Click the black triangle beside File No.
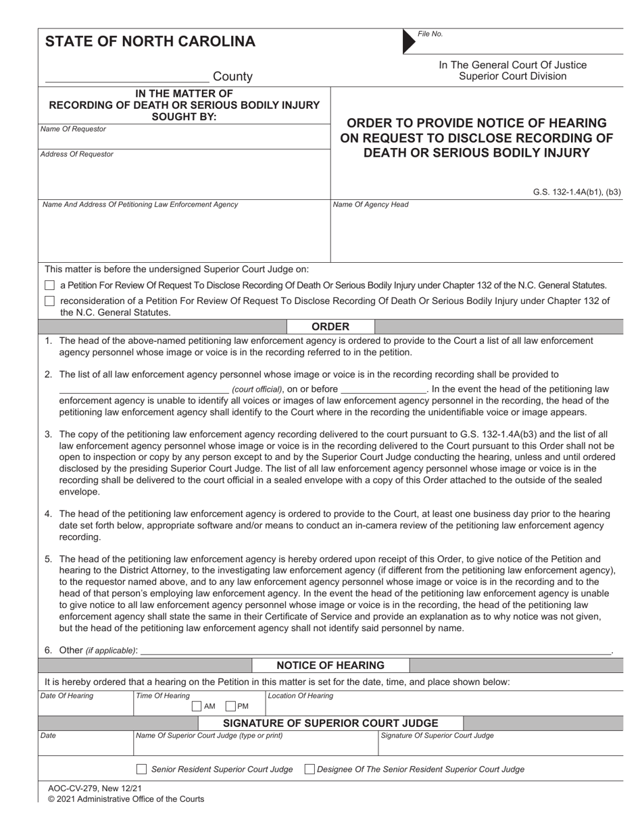click(x=410, y=42)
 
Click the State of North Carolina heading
click(x=150, y=41)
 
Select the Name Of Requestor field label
click(x=73, y=129)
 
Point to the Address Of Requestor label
click(x=77, y=154)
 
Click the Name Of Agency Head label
click(x=370, y=204)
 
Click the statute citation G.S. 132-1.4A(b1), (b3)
click(x=576, y=192)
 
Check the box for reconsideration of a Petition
click(x=49, y=301)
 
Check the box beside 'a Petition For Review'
click(x=49, y=285)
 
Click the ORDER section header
click(x=330, y=326)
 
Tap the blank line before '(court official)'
click(x=144, y=389)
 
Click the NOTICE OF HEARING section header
click(x=330, y=665)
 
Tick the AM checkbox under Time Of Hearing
click(x=197, y=707)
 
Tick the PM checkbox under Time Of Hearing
click(x=230, y=707)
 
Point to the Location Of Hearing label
click(x=301, y=696)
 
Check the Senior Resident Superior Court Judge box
click(x=141, y=769)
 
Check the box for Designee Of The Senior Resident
click(x=310, y=769)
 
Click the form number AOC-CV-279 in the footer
click(x=77, y=788)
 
